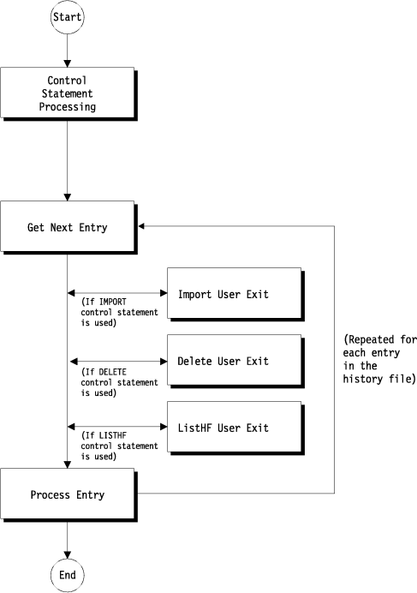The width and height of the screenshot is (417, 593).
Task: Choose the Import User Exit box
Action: [233, 295]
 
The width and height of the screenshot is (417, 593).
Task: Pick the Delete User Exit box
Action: [233, 361]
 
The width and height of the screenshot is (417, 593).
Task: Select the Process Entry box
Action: [66, 494]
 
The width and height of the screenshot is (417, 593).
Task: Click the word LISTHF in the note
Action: [110, 435]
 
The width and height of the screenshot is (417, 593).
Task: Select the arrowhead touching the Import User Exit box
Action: [162, 293]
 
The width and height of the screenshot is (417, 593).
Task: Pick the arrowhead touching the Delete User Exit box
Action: [162, 361]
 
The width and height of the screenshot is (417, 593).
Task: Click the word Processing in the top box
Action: [66, 108]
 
